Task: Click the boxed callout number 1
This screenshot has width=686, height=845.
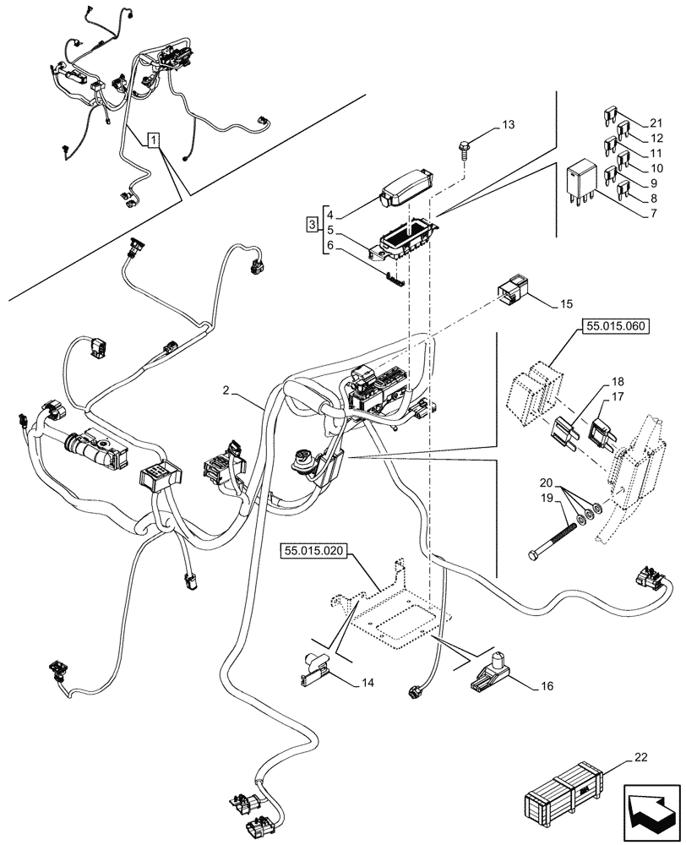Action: point(153,140)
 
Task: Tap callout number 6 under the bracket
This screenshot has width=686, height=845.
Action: point(330,246)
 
